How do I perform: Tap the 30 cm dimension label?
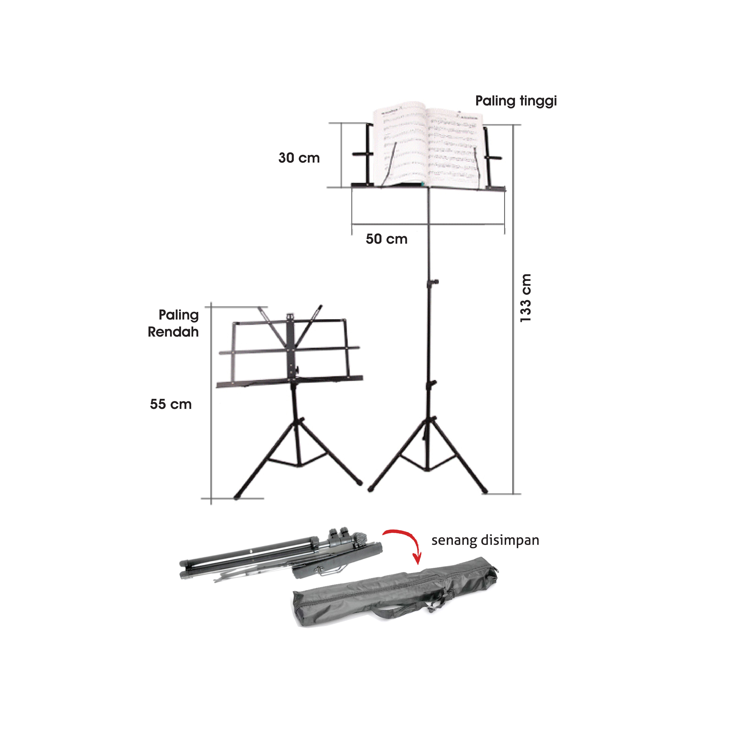(299, 158)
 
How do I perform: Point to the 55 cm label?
(171, 404)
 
